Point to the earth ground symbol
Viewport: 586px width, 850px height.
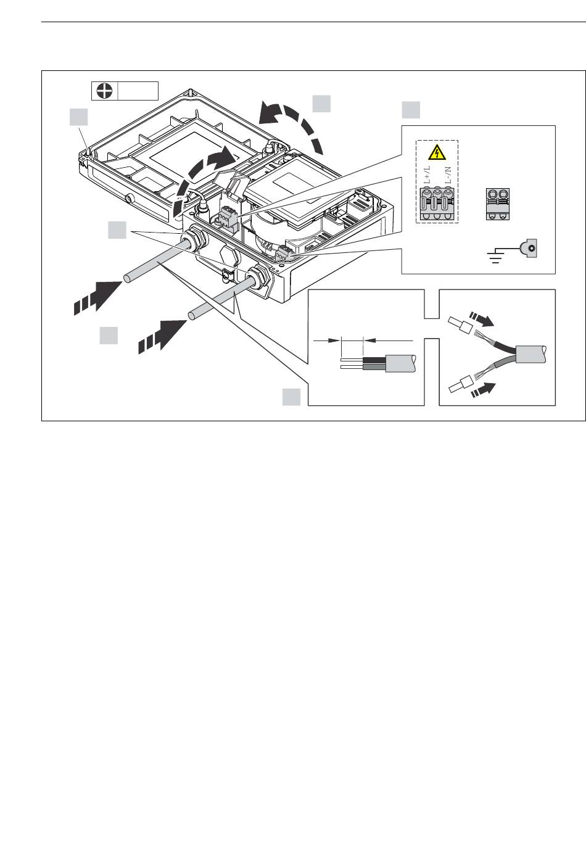point(495,254)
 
